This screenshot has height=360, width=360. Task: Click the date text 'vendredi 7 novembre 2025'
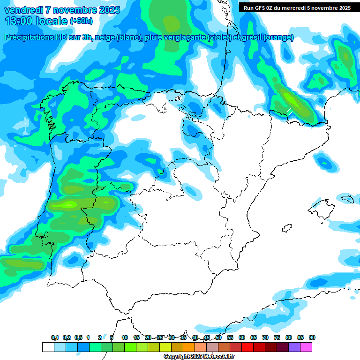62,10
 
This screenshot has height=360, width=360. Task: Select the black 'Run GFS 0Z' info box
297,7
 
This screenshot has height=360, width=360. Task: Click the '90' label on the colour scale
312,337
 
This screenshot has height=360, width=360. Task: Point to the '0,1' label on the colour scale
55,337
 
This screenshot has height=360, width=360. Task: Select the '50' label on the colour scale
218,337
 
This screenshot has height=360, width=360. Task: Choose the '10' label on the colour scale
125,337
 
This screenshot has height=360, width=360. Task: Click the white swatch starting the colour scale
48,347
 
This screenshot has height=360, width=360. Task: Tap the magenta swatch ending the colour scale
306,347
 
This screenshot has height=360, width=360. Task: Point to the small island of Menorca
347,199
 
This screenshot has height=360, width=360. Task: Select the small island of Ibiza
287,228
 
